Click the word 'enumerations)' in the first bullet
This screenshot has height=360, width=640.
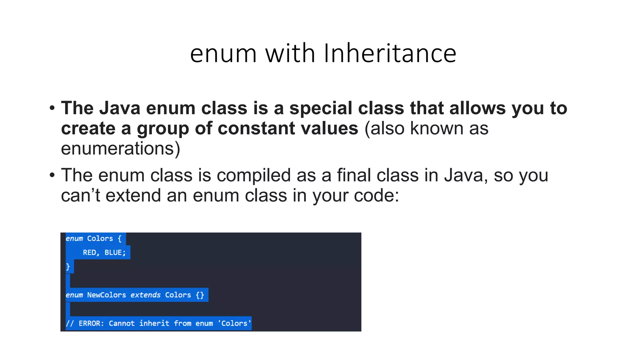coord(121,149)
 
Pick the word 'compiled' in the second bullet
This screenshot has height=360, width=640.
coord(253,175)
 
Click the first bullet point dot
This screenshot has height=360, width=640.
coord(52,108)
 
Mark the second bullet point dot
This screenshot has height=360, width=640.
coord(52,175)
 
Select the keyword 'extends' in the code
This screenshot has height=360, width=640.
coord(145,295)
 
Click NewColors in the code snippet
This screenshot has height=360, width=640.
coord(106,295)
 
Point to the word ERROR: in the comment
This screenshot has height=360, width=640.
coord(91,323)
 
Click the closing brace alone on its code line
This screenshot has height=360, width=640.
coord(68,267)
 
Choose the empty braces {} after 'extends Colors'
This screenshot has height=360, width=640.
coord(200,295)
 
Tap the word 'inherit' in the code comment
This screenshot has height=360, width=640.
coord(154,323)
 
